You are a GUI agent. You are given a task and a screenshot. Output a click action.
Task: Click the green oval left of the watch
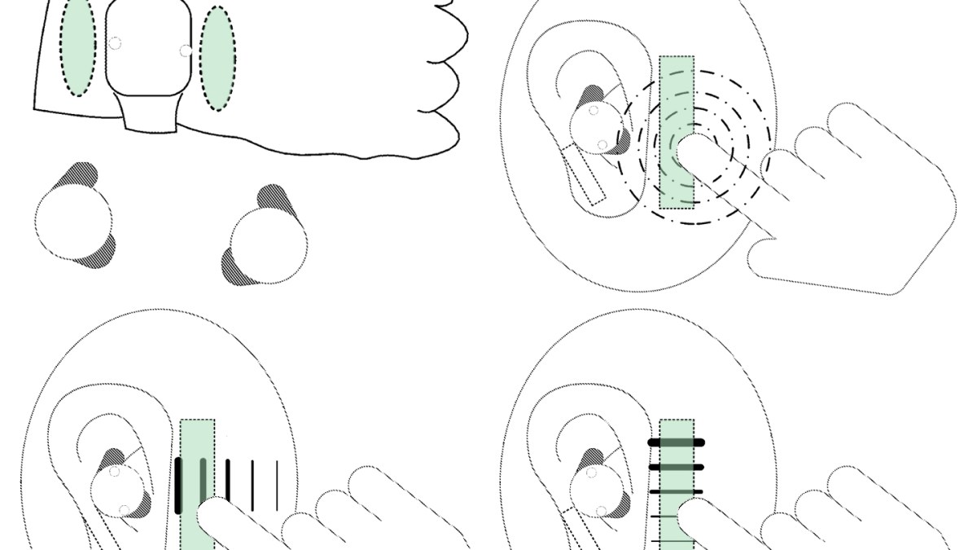click(78, 47)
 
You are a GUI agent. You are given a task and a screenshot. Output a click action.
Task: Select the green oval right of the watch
click(217, 58)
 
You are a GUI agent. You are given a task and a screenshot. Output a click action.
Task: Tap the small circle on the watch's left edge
click(115, 43)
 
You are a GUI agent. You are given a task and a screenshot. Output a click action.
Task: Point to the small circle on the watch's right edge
click(186, 51)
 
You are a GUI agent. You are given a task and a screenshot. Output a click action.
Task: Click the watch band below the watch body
click(150, 112)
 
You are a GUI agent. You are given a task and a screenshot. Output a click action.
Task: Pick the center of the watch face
click(149, 47)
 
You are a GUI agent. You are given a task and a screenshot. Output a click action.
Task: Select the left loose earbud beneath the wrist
click(73, 218)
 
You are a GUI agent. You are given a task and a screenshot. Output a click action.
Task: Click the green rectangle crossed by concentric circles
click(677, 90)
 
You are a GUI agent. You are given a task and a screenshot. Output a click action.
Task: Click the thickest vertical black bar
click(178, 486)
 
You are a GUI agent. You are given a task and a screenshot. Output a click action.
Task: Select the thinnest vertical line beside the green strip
click(278, 482)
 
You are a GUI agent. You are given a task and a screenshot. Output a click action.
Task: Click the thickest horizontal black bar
click(676, 442)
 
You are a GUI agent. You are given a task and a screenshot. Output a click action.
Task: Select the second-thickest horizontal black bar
click(676, 467)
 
